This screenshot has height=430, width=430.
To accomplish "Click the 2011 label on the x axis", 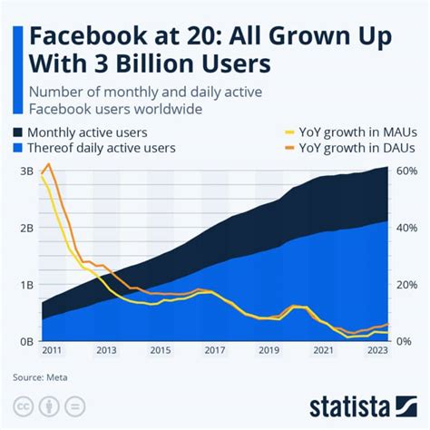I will point(53,350).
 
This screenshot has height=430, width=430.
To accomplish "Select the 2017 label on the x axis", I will point(215,350).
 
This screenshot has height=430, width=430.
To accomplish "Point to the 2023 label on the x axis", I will point(376,350).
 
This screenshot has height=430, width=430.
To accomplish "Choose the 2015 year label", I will point(161,350).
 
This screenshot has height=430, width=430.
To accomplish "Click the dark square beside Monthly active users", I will point(20,132).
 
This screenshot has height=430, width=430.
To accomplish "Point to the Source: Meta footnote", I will point(40,376).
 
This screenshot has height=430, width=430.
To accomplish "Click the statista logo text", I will point(361,403).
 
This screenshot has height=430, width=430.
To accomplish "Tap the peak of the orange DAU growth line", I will point(48,164).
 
